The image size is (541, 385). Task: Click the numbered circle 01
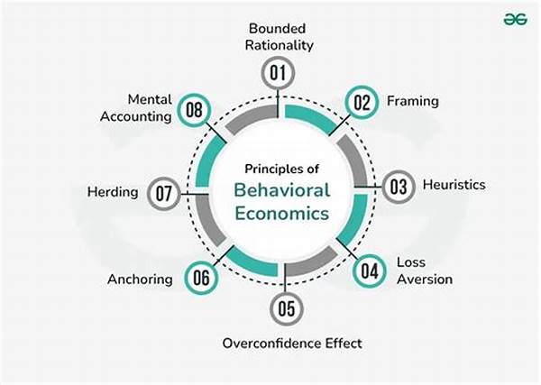pyautogui.click(x=278, y=71)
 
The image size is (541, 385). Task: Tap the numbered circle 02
pyautogui.click(x=362, y=103)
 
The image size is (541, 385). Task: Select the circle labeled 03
pyautogui.click(x=396, y=187)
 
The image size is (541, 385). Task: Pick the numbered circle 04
pyautogui.click(x=368, y=270)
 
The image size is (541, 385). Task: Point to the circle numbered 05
pyautogui.click(x=285, y=309)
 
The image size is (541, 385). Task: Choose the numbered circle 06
pyautogui.click(x=202, y=278)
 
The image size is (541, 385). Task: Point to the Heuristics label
pyautogui.click(x=453, y=185)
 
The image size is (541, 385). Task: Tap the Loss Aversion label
pyautogui.click(x=424, y=270)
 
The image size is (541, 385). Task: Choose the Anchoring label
pyautogui.click(x=140, y=278)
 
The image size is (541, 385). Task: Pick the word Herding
pyautogui.click(x=113, y=192)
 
